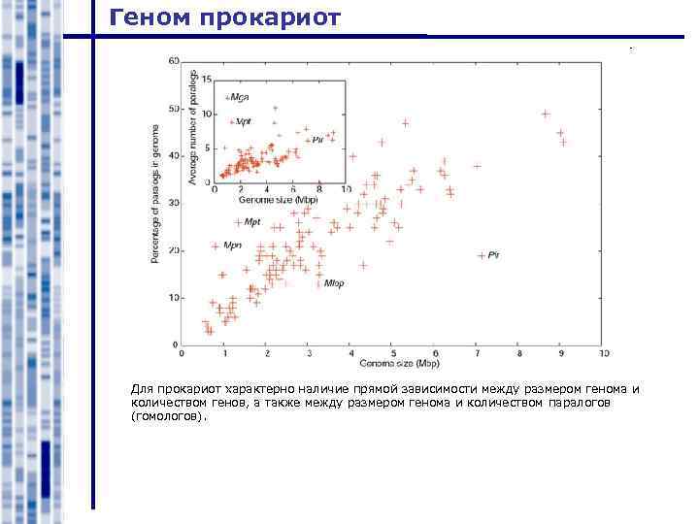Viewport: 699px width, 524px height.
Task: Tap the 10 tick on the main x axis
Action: point(604,353)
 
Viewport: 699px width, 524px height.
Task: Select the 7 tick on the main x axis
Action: point(477,353)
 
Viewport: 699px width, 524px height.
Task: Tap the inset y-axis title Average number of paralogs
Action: point(194,127)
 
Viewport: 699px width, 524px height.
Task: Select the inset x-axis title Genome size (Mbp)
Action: point(279,198)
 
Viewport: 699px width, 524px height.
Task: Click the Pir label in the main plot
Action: point(493,254)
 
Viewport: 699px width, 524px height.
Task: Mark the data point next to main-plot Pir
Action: point(482,255)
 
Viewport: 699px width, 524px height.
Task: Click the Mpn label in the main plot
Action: point(233,246)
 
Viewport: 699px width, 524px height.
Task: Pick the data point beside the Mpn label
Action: point(216,246)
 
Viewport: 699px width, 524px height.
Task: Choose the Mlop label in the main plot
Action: point(334,282)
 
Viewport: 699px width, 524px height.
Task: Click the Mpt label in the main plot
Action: point(252,222)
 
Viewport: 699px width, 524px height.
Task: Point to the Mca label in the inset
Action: point(237,97)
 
